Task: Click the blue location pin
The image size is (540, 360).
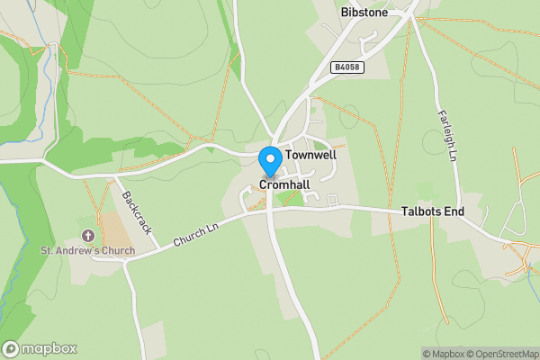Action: click(x=269, y=161)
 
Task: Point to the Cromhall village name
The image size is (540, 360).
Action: click(x=284, y=184)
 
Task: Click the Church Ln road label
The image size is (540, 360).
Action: click(x=196, y=236)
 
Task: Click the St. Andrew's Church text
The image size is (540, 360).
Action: click(x=87, y=250)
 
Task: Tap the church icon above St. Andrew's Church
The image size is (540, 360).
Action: click(x=88, y=236)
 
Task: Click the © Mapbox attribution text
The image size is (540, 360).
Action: click(x=442, y=354)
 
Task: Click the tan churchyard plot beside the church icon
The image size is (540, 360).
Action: click(x=114, y=229)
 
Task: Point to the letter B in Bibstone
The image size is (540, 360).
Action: click(x=346, y=13)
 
